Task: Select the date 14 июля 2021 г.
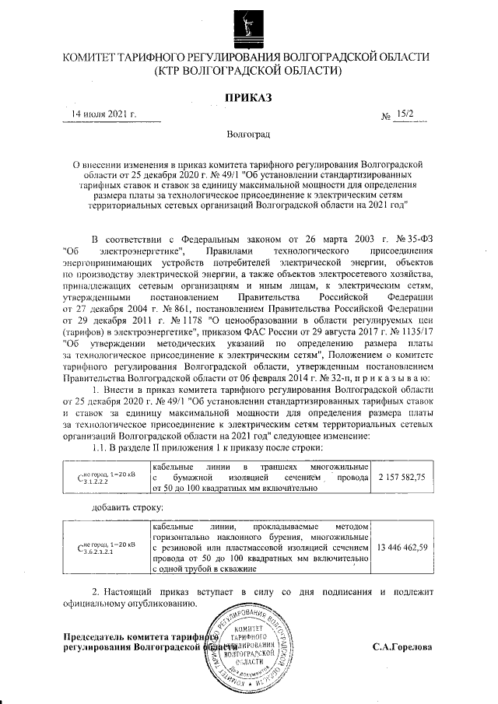tap(103, 114)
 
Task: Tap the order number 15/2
tap(405, 114)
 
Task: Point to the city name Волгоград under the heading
tap(247, 135)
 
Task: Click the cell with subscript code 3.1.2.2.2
tap(103, 476)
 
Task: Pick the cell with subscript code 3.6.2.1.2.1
tap(103, 548)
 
